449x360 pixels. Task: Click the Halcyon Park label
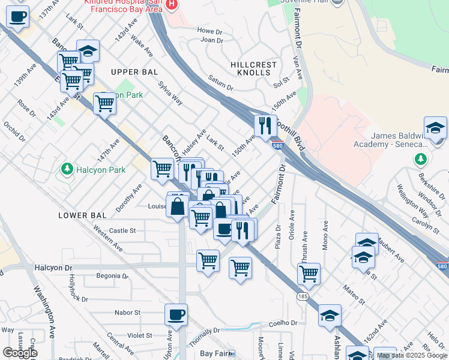click(101, 170)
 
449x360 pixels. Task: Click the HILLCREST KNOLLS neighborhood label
click(254, 68)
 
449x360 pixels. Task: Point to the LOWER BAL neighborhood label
click(82, 215)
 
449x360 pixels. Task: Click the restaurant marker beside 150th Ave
click(264, 125)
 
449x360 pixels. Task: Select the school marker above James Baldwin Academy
click(435, 127)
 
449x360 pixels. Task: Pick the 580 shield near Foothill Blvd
click(277, 145)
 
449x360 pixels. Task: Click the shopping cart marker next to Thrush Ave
click(309, 274)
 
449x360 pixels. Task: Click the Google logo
click(20, 353)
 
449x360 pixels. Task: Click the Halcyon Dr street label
click(53, 268)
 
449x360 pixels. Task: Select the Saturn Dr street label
click(220, 80)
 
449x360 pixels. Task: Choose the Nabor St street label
click(128, 313)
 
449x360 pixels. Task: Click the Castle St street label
click(122, 230)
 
